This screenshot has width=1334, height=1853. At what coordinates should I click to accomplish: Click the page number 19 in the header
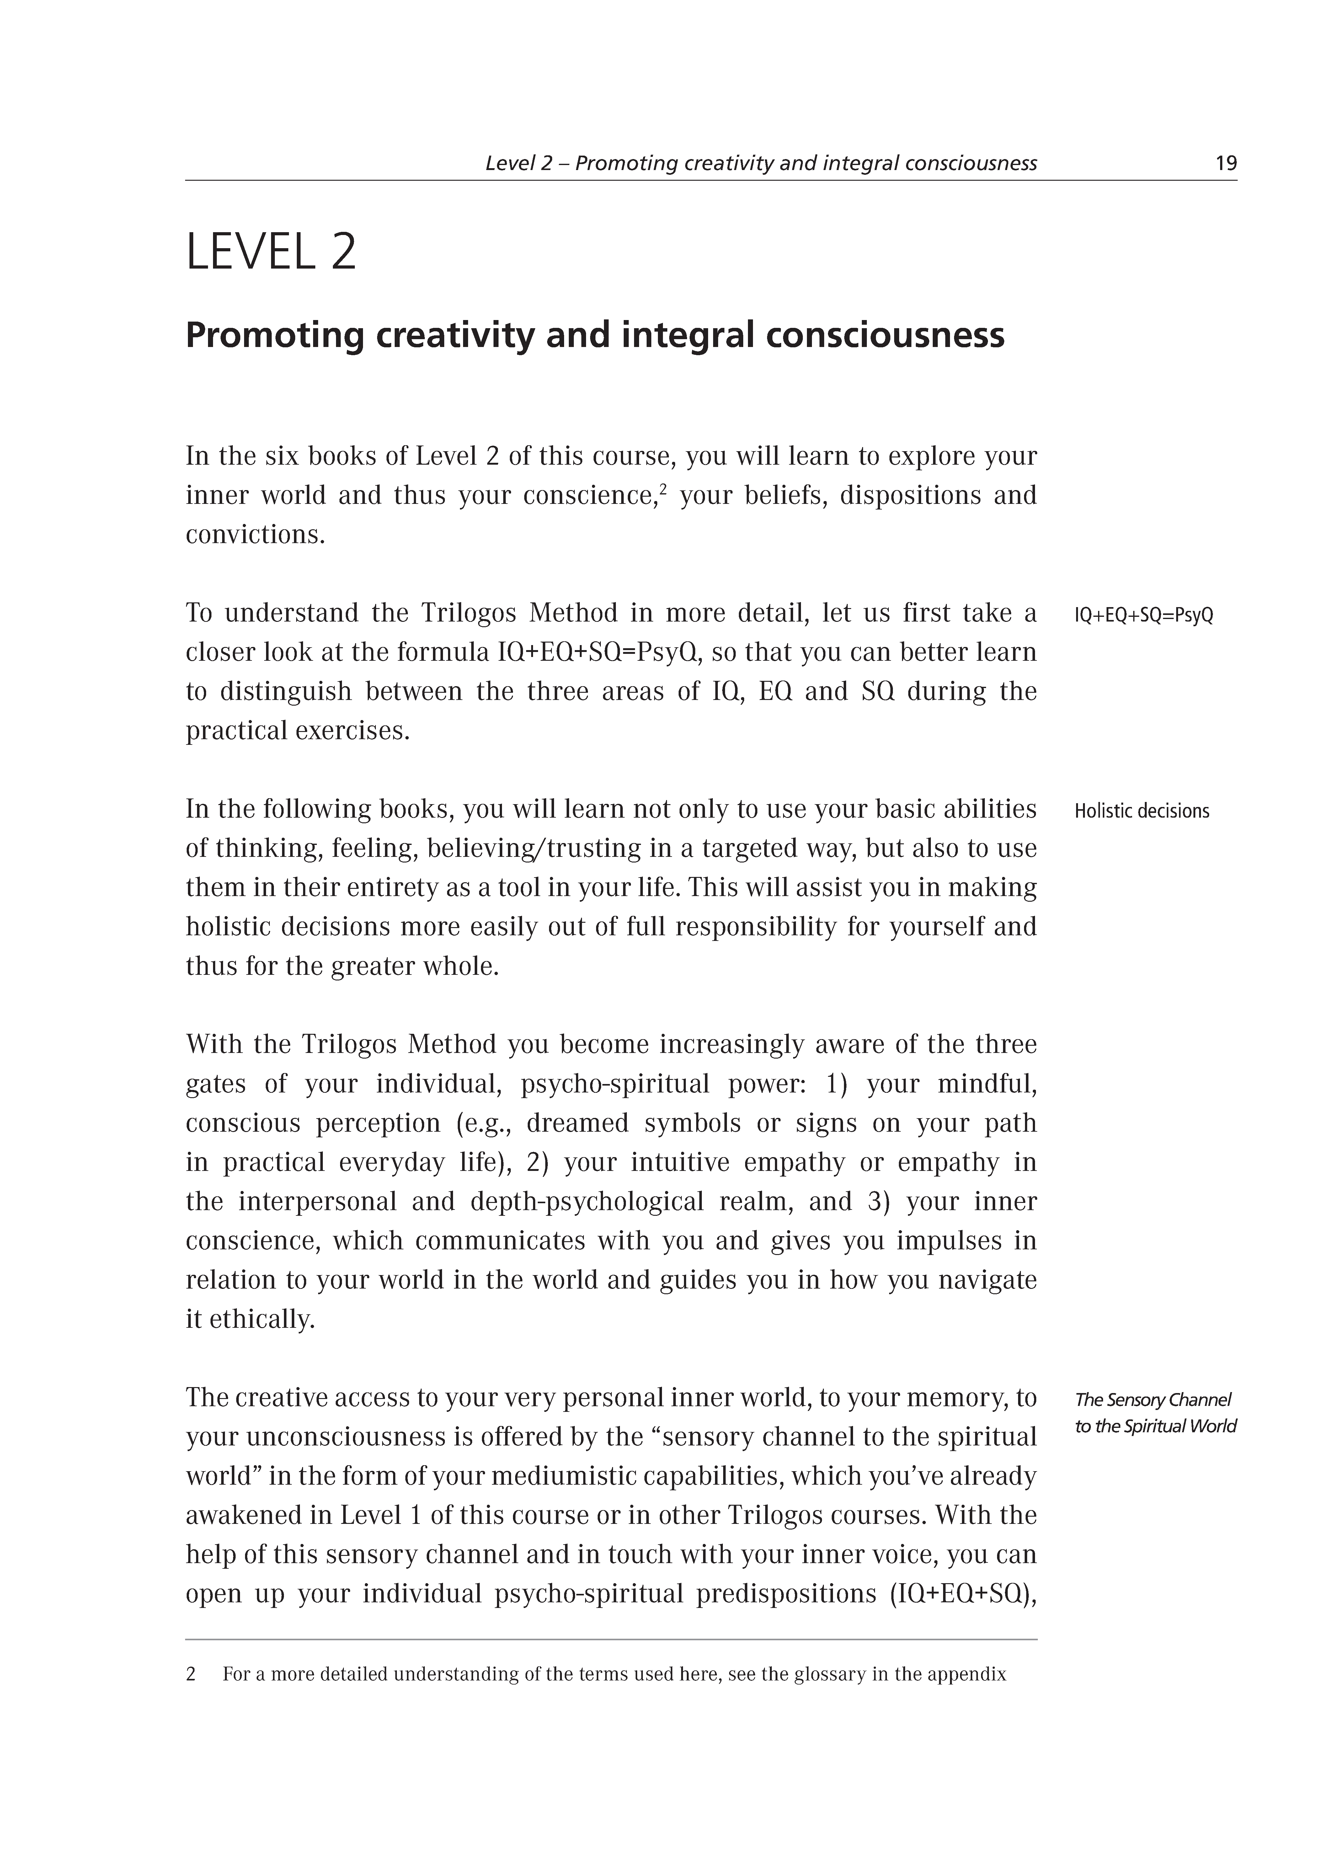tap(1225, 163)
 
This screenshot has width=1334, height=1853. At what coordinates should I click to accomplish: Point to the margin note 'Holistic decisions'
tap(1141, 811)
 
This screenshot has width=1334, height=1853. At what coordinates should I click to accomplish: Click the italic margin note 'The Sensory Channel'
tap(1152, 1400)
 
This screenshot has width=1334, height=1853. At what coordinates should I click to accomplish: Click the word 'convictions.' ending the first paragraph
tap(255, 535)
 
